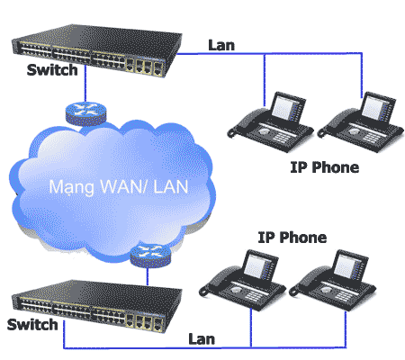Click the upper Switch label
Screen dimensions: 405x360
(x=52, y=69)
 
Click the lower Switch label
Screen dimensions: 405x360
(x=32, y=324)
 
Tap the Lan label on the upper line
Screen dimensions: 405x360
(x=221, y=45)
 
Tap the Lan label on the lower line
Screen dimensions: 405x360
(x=202, y=339)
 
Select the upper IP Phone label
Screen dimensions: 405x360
(x=325, y=167)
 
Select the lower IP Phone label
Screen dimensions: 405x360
(x=292, y=238)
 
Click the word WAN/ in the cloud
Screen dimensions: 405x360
(x=123, y=186)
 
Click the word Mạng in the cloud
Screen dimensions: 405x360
(x=72, y=187)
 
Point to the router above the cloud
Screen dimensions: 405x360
(x=85, y=113)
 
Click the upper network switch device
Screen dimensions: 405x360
(x=96, y=50)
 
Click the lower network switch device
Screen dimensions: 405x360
(x=96, y=306)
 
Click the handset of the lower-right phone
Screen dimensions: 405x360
(x=309, y=279)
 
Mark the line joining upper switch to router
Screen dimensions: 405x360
(x=85, y=83)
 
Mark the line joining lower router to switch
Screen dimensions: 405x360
(x=148, y=276)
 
